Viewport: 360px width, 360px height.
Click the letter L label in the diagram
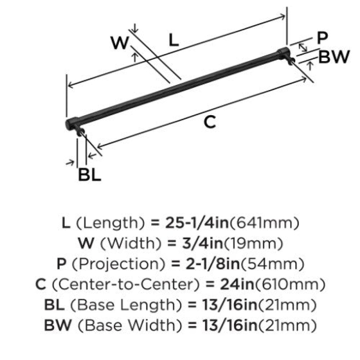click(173, 40)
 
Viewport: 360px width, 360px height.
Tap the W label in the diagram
click(120, 43)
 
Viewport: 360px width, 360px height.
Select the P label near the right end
click(322, 38)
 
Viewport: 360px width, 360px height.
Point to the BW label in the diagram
click(334, 57)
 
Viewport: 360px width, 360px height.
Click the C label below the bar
click(210, 122)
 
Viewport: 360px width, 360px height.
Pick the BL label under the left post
click(90, 175)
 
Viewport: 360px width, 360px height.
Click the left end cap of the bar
click(72, 124)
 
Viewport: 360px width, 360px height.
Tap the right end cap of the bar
click(283, 53)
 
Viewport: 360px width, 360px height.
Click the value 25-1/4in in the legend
click(197, 223)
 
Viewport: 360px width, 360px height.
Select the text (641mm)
click(265, 223)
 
